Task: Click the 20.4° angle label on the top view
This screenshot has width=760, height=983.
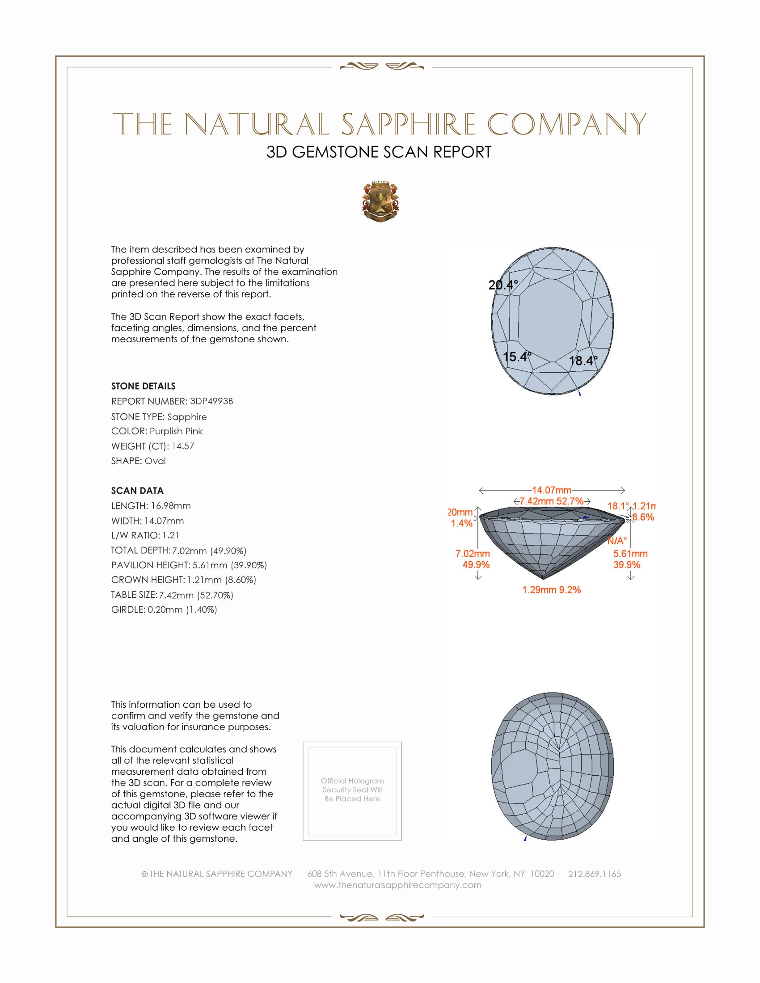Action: [503, 285]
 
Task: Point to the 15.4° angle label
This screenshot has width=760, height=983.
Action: [517, 357]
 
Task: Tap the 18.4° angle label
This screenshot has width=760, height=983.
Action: [583, 361]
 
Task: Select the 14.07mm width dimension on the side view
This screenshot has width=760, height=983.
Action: [552, 490]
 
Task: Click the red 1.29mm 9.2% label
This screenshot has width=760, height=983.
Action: [552, 590]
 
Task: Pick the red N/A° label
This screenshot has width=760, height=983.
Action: [617, 541]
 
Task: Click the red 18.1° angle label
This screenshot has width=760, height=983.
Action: [618, 506]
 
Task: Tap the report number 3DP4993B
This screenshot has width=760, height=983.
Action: [211, 401]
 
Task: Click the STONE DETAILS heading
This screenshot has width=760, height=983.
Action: [143, 386]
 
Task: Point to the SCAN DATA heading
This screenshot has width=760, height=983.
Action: [137, 491]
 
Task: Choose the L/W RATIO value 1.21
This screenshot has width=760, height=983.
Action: [171, 535]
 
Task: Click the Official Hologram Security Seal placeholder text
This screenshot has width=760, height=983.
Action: [352, 790]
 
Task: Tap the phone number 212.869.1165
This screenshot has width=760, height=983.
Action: [594, 874]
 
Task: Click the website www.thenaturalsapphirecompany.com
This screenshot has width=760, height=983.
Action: [397, 885]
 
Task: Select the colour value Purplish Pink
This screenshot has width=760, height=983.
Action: [176, 431]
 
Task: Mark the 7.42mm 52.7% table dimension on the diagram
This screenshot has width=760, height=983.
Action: [552, 501]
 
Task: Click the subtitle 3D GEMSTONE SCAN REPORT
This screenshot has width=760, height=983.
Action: [379, 152]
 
